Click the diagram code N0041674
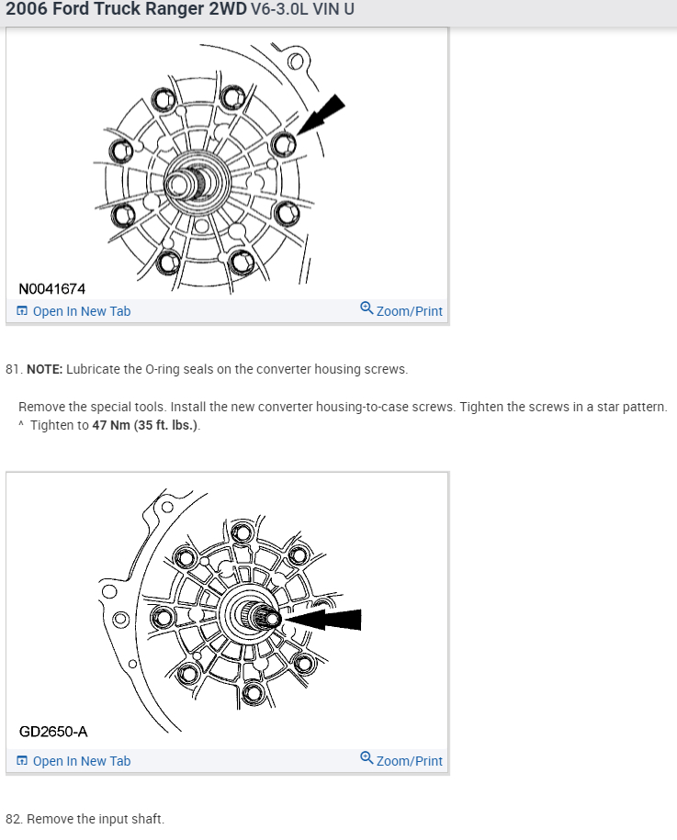[52, 289]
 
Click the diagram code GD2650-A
[53, 732]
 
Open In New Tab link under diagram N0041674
[74, 311]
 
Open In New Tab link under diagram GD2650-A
[74, 761]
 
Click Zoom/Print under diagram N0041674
[401, 310]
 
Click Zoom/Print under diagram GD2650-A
[401, 760]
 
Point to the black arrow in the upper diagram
[321, 115]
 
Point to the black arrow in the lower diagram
[322, 620]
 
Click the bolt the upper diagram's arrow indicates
[284, 144]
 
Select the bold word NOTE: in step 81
[44, 369]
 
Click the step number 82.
[14, 819]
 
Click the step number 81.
[14, 369]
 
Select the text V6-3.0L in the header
[280, 9]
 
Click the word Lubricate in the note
[94, 369]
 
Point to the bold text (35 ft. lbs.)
[166, 425]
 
